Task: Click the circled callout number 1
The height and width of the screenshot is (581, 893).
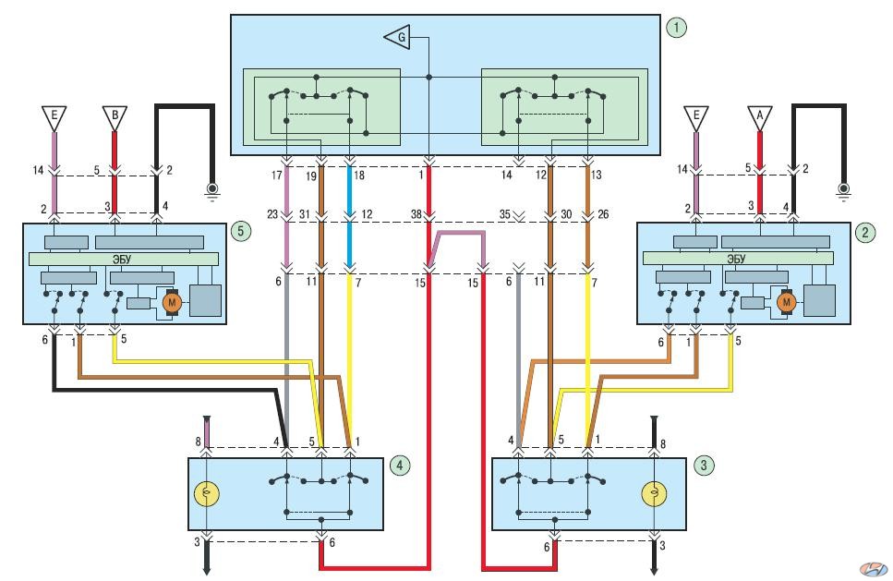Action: (x=676, y=28)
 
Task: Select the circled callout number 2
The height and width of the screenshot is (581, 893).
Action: (x=865, y=233)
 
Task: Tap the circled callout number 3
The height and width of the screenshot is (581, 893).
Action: (x=704, y=466)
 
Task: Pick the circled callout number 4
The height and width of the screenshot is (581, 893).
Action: (x=399, y=466)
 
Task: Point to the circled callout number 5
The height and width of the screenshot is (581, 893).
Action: (x=241, y=231)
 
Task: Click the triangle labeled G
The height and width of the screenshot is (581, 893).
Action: (x=398, y=38)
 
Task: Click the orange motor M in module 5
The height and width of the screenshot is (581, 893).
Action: (x=172, y=302)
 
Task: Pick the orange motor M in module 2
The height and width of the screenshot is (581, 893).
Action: (x=787, y=301)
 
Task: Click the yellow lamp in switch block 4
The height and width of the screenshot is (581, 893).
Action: (x=207, y=494)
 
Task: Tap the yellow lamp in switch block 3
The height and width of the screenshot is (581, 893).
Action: (x=655, y=494)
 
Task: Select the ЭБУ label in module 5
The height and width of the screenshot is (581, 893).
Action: (x=122, y=260)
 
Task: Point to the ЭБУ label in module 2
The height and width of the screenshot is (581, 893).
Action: (x=736, y=259)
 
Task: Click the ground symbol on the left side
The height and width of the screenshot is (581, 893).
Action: (x=211, y=191)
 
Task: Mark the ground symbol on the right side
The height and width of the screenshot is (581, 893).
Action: (x=843, y=191)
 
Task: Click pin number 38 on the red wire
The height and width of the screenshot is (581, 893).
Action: (x=416, y=214)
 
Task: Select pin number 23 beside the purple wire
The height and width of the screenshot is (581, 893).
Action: (x=272, y=214)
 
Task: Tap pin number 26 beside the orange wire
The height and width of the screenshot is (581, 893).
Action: (x=603, y=214)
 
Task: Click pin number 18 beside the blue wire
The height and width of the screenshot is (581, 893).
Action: (x=359, y=175)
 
